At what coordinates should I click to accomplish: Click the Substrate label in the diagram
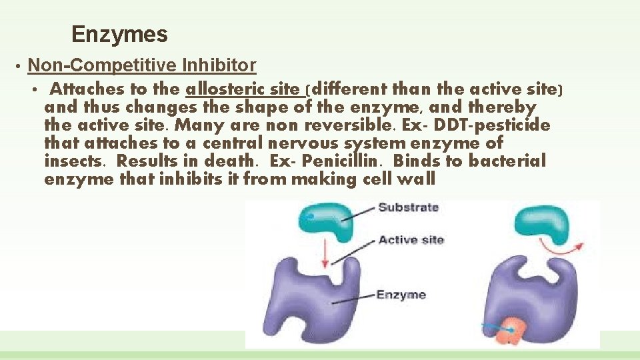[408, 207]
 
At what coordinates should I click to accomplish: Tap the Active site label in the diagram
[411, 240]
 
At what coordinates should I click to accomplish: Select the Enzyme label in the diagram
[401, 295]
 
